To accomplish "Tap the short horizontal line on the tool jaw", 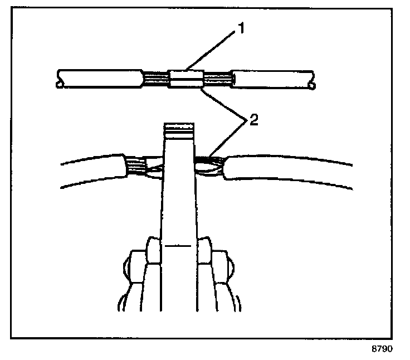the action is click(178, 245).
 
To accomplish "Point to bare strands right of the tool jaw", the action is click(208, 163).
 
